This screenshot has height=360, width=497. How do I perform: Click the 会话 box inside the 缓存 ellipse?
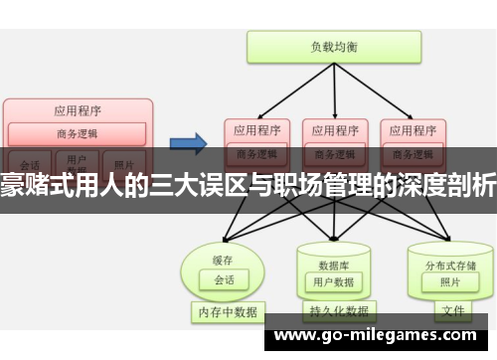point(225,253)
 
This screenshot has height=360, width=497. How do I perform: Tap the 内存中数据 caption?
point(225,312)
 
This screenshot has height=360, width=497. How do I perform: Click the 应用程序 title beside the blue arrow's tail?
point(79,110)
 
